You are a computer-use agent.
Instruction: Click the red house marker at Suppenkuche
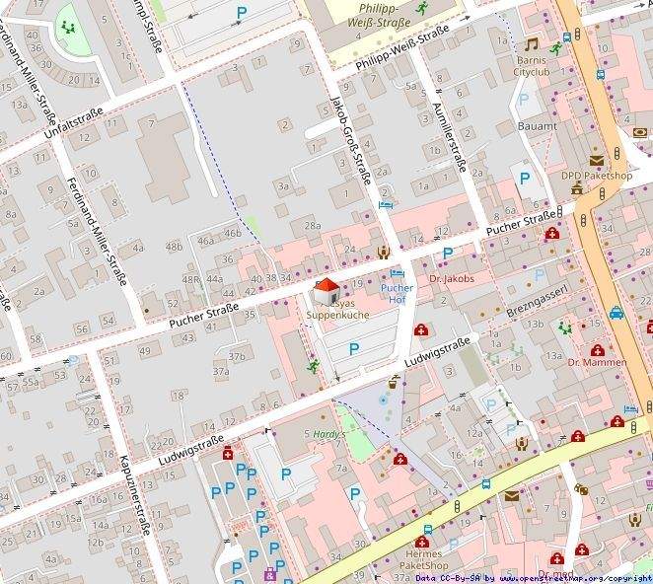(326, 291)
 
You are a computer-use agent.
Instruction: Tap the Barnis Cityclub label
(536, 66)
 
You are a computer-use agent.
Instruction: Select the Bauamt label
(537, 126)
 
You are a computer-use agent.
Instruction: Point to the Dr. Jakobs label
(452, 279)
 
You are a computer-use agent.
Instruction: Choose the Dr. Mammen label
(597, 362)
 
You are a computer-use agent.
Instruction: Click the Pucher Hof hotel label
(398, 293)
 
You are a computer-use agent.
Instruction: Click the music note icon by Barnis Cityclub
(532, 44)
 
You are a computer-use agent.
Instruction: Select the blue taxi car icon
(616, 314)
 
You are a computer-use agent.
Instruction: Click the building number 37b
(237, 356)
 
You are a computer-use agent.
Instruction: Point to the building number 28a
(312, 226)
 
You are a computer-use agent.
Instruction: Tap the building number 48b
(174, 246)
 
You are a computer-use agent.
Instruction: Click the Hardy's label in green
(326, 434)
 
